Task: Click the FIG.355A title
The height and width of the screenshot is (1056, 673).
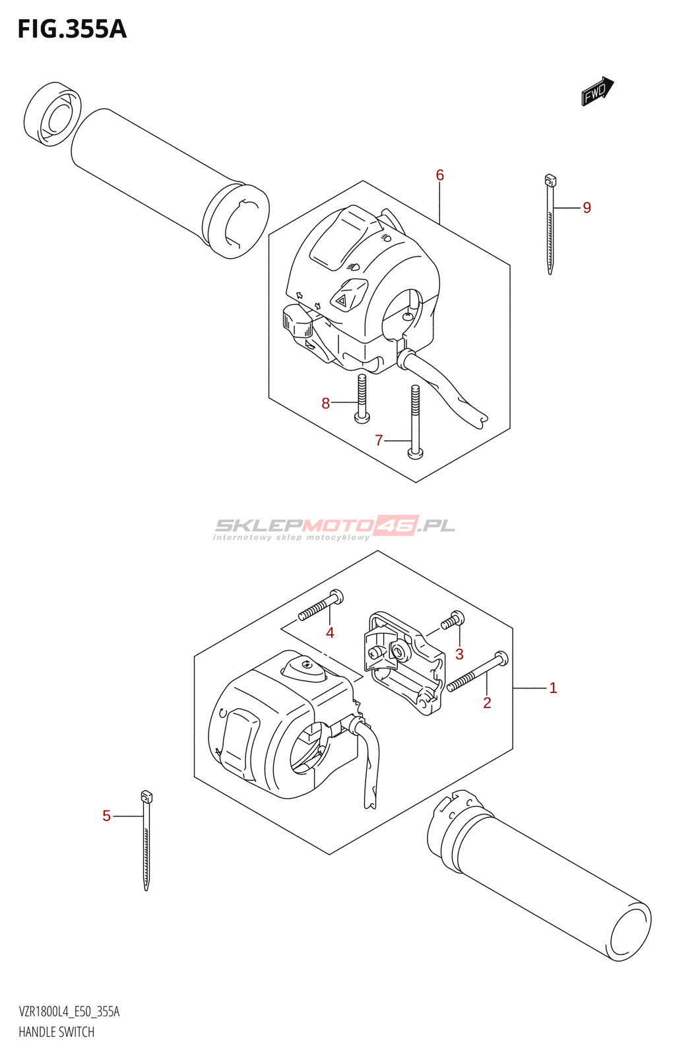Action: pyautogui.click(x=72, y=29)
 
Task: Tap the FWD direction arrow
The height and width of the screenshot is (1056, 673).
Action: pyautogui.click(x=597, y=91)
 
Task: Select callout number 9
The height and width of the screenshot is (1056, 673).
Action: pyautogui.click(x=587, y=208)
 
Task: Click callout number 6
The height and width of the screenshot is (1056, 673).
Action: pyautogui.click(x=439, y=176)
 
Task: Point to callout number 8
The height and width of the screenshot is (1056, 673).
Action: pyautogui.click(x=325, y=403)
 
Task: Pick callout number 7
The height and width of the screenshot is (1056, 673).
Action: pyautogui.click(x=379, y=440)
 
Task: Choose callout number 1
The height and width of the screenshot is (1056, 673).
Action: pyautogui.click(x=553, y=688)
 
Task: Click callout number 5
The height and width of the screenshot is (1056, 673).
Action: pyautogui.click(x=106, y=816)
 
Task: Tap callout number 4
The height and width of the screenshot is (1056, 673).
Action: pyautogui.click(x=330, y=633)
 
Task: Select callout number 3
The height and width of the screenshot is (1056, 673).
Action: pyautogui.click(x=459, y=654)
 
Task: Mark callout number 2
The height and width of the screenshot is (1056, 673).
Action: pyautogui.click(x=487, y=703)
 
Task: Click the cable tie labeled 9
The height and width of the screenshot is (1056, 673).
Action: pyautogui.click(x=550, y=224)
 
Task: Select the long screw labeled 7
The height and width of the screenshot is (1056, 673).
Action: pyautogui.click(x=415, y=422)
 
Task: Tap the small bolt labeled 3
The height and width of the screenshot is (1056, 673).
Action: pyautogui.click(x=453, y=620)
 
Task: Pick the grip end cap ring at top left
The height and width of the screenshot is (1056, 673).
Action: pyautogui.click(x=52, y=114)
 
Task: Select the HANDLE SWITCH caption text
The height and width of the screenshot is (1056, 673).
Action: pyautogui.click(x=57, y=1032)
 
